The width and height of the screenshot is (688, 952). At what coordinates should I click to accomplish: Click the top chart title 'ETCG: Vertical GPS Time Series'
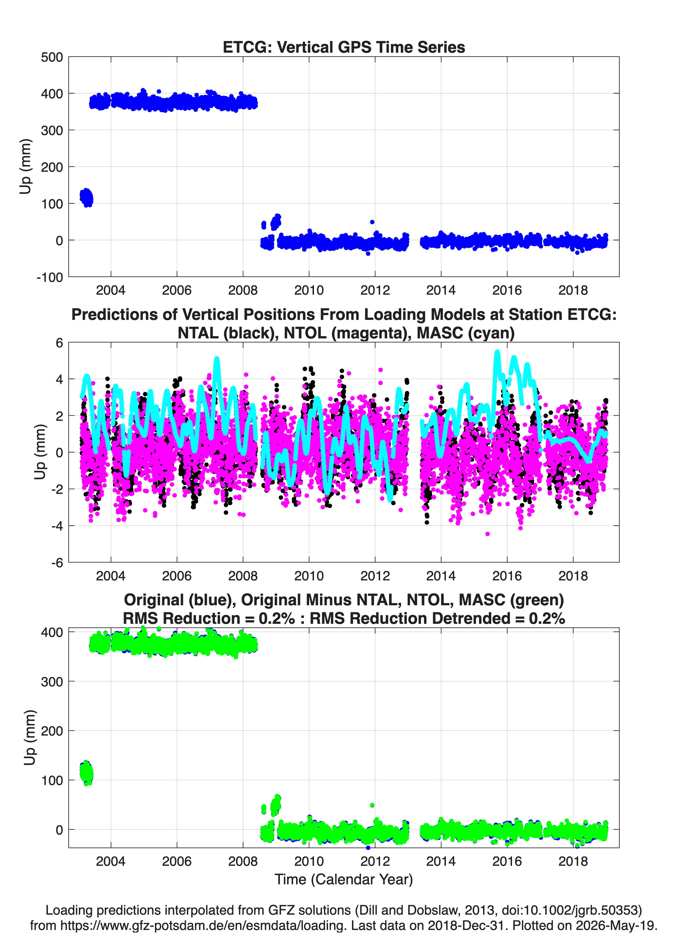click(344, 47)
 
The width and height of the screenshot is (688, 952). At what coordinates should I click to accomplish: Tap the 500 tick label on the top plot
click(52, 57)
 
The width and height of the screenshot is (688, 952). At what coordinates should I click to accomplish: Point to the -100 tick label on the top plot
click(50, 277)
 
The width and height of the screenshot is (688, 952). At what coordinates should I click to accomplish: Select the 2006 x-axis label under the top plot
click(177, 290)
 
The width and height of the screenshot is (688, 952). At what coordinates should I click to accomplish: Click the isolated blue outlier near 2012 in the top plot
click(372, 222)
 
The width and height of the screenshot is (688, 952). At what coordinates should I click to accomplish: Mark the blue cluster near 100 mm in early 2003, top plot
click(87, 198)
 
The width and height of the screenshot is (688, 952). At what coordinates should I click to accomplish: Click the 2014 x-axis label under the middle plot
click(441, 576)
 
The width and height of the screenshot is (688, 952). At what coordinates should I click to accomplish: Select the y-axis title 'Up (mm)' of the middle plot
click(40, 452)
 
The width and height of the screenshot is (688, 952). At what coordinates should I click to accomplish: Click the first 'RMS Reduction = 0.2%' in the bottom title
click(209, 618)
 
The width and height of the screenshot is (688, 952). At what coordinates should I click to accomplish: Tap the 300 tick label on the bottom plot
click(52, 682)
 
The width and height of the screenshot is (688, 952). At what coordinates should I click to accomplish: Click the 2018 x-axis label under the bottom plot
click(573, 861)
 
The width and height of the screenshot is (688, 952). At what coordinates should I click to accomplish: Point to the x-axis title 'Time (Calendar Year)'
click(344, 879)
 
